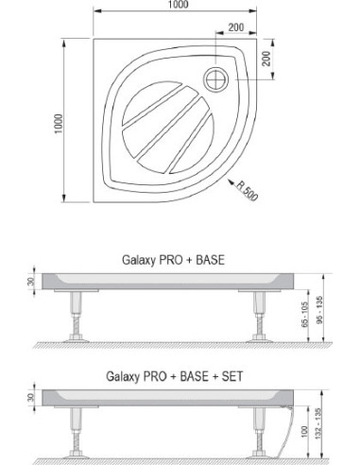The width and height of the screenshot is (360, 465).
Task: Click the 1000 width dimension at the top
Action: click(178, 4)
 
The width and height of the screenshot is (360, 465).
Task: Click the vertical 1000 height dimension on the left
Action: click(59, 124)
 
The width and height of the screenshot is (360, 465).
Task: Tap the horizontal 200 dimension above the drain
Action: click(236, 27)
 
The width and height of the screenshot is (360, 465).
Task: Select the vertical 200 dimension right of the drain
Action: click(266, 59)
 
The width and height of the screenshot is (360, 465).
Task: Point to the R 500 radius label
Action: click(248, 191)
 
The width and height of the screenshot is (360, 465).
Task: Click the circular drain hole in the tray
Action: click(216, 79)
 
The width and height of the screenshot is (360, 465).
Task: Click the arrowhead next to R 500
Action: click(231, 182)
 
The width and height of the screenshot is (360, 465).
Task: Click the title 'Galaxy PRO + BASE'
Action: click(173, 260)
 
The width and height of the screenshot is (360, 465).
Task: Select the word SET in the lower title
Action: click(232, 376)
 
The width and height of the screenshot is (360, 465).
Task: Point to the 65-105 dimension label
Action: click(305, 315)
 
